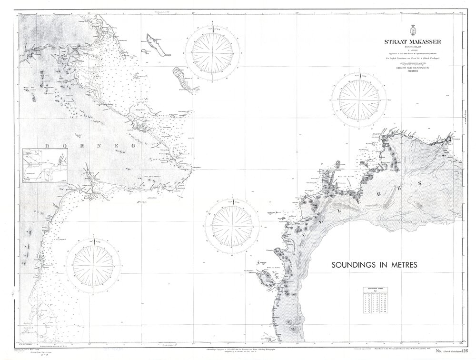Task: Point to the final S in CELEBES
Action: click(419, 183)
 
